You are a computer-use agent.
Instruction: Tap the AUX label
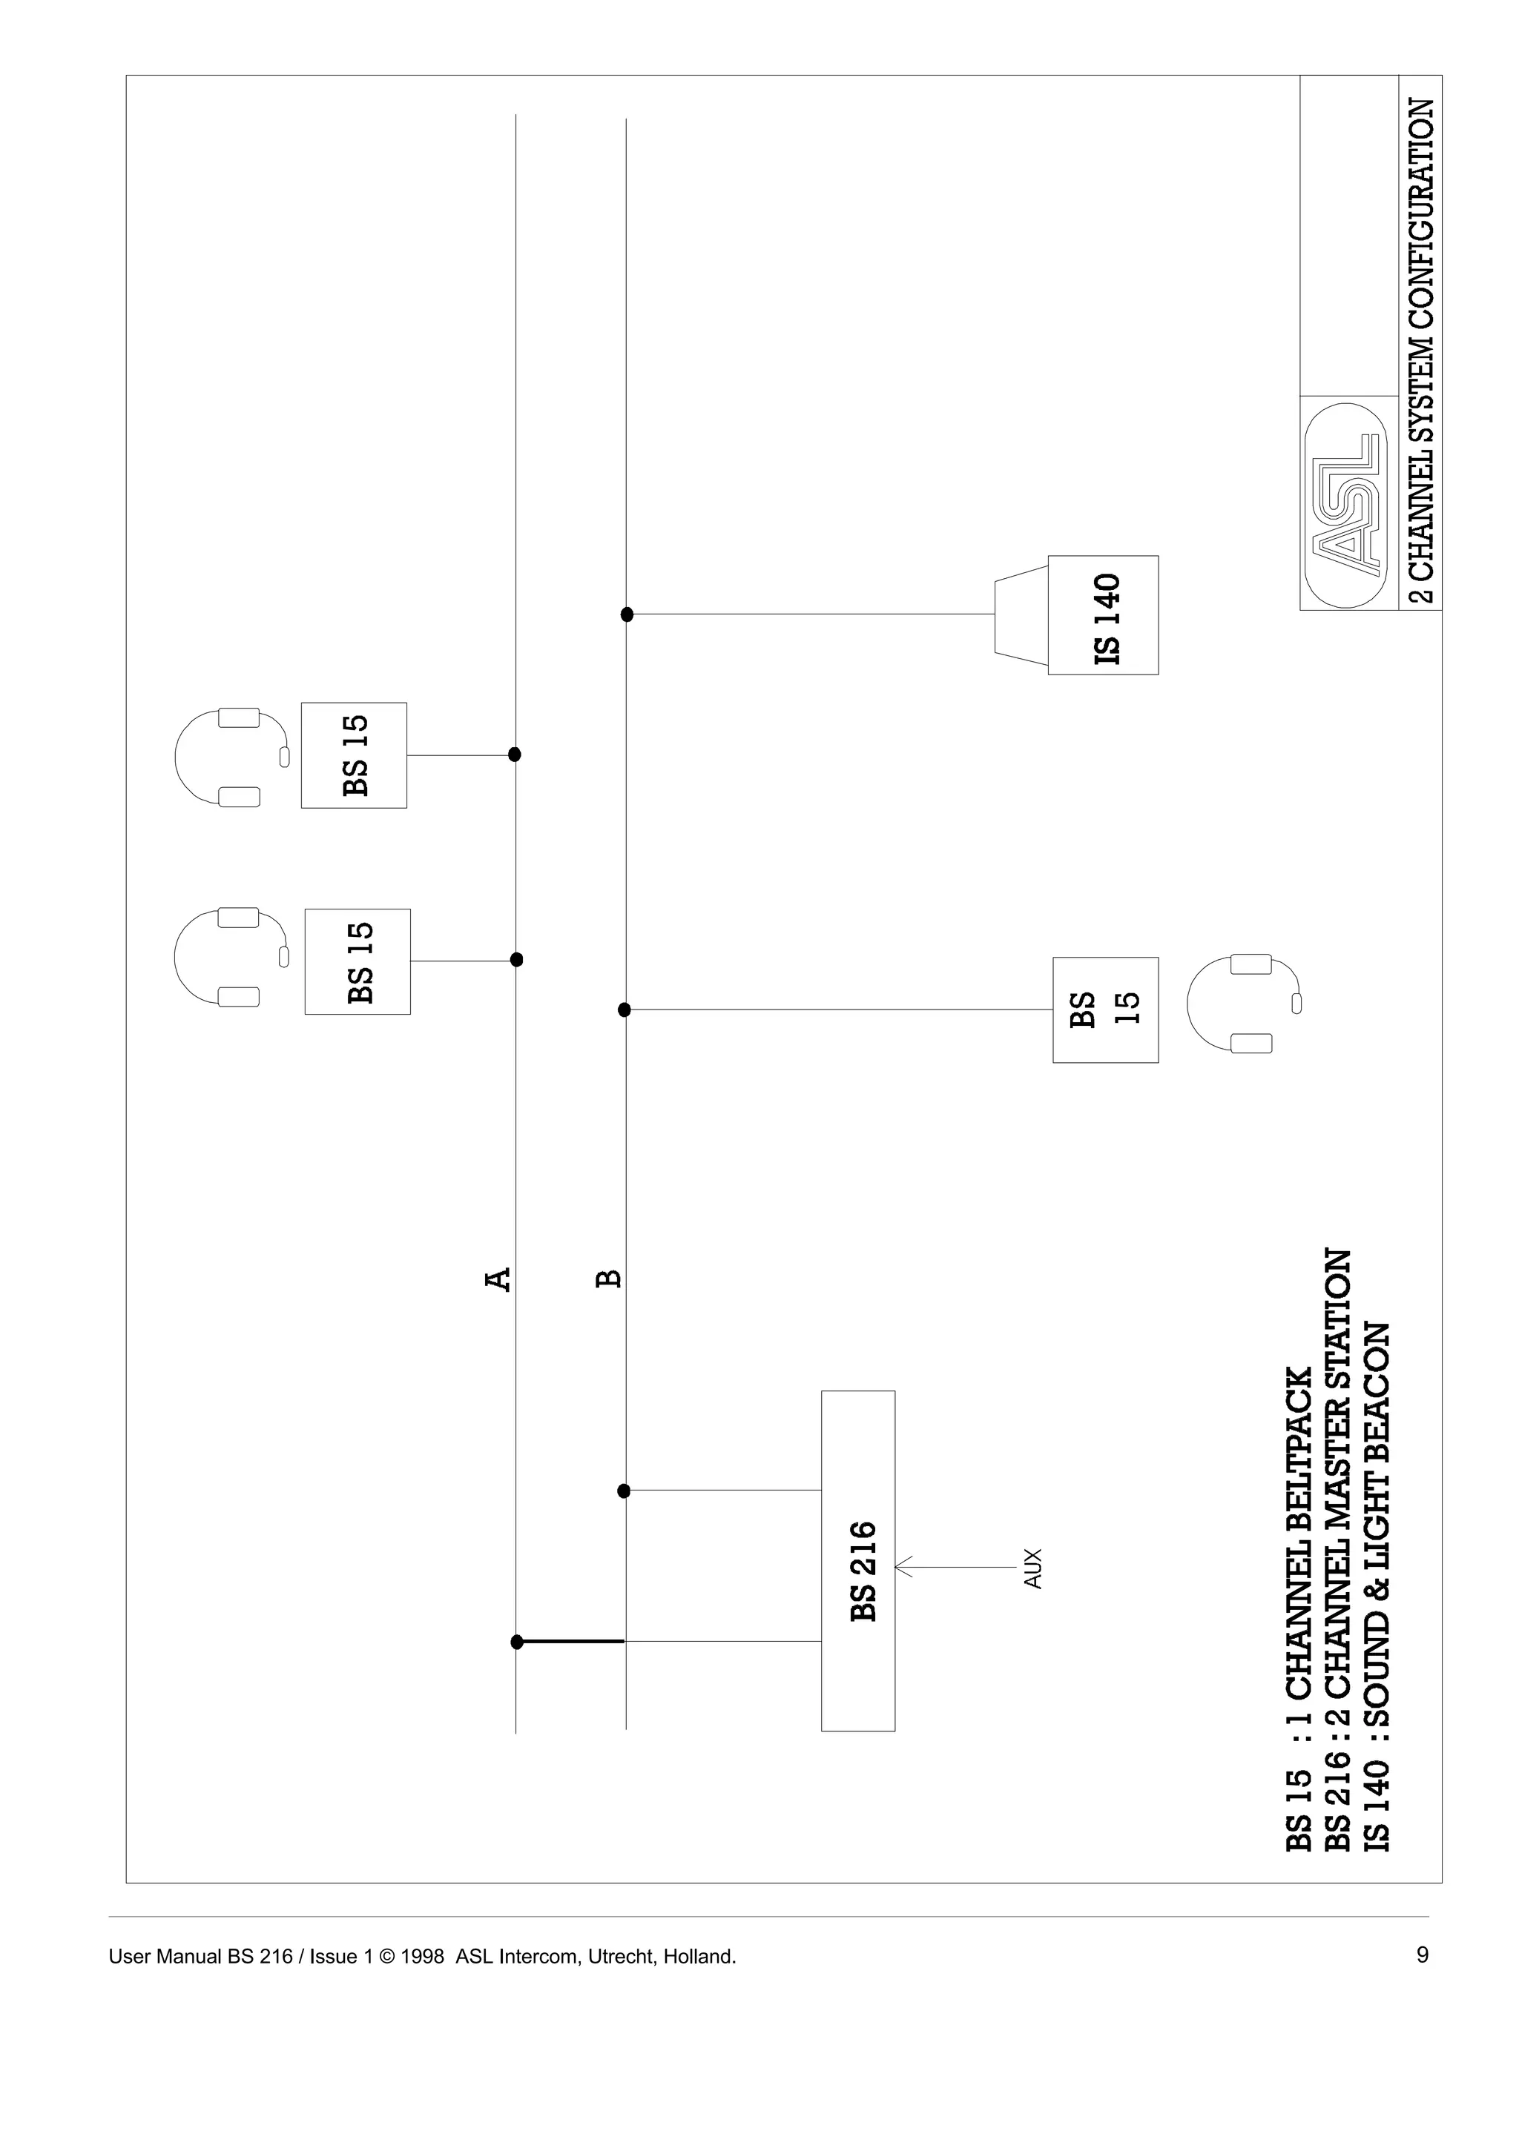pos(1032,1568)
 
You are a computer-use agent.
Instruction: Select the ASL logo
pos(1348,505)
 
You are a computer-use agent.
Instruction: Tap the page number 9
pos(1423,1955)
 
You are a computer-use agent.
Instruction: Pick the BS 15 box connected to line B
pos(1104,1010)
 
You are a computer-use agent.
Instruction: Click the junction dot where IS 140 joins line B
pos(627,614)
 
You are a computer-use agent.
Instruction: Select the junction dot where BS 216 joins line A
pos(517,1641)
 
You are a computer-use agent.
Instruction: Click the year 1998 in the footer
pos(421,1956)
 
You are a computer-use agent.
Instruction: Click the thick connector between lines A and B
pos(571,1641)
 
